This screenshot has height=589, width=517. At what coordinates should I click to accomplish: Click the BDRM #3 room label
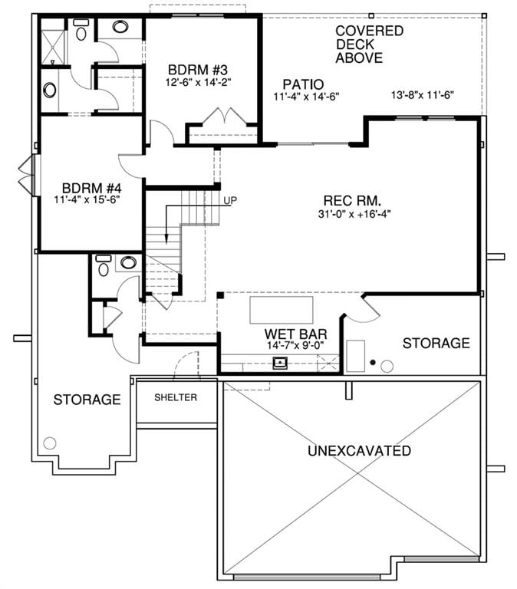[x=198, y=70]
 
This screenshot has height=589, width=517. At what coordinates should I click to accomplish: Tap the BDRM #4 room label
[x=92, y=187]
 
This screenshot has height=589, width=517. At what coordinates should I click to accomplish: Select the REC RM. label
[x=352, y=200]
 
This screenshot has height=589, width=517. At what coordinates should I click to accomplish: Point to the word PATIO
[x=303, y=84]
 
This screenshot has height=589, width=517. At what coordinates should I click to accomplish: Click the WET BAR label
[x=295, y=334]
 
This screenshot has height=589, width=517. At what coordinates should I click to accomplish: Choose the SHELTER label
[x=176, y=397]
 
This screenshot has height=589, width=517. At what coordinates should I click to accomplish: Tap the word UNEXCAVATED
[x=359, y=451]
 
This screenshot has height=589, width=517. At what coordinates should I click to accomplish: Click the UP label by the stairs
[x=230, y=201]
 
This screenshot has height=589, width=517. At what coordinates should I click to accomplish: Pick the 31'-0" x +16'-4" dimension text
[x=354, y=214]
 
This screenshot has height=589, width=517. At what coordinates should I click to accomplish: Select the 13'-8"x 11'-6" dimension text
[x=423, y=95]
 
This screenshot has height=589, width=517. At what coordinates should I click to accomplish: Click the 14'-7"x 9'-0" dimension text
[x=295, y=345]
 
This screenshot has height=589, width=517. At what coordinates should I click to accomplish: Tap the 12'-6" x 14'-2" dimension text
[x=198, y=82]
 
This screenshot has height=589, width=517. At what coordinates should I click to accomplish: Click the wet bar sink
[x=280, y=364]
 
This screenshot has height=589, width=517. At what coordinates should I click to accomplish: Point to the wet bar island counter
[x=282, y=310]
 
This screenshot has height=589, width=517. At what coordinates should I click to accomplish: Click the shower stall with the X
[x=53, y=46]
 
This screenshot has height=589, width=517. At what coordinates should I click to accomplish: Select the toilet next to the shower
[x=81, y=30]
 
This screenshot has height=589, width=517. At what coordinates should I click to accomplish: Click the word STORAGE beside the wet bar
[x=436, y=343]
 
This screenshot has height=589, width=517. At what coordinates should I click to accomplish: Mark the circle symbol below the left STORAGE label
[x=50, y=443]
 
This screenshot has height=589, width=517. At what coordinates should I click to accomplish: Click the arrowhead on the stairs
[x=166, y=239]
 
